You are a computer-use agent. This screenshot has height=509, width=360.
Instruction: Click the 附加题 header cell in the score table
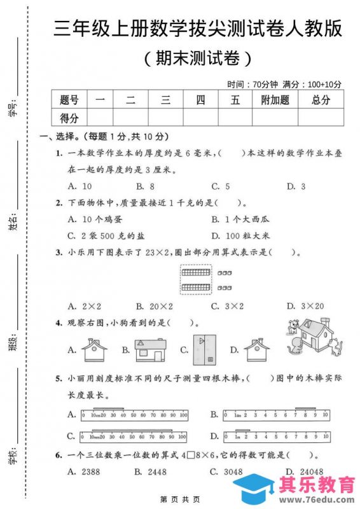(x=275, y=100)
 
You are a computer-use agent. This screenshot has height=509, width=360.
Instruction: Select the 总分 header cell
(x=321, y=100)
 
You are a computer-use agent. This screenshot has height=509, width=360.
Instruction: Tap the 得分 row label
(x=69, y=118)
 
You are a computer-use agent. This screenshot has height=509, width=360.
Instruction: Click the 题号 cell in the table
(x=69, y=100)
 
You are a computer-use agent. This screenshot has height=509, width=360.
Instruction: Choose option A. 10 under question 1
(x=80, y=186)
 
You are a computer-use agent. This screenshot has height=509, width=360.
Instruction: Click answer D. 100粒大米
(x=242, y=235)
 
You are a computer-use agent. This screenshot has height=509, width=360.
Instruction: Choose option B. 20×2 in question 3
(x=153, y=306)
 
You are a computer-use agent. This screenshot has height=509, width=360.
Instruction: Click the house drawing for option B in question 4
(x=150, y=347)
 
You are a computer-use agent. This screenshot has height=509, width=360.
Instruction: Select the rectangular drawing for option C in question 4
(x=204, y=348)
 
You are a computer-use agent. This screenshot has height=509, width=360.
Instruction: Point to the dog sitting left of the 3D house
(x=294, y=328)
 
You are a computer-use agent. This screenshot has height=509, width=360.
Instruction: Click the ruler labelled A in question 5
(x=134, y=414)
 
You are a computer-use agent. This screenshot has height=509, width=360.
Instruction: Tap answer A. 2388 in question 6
(x=80, y=471)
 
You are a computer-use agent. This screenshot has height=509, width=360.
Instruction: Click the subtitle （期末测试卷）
(x=198, y=59)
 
